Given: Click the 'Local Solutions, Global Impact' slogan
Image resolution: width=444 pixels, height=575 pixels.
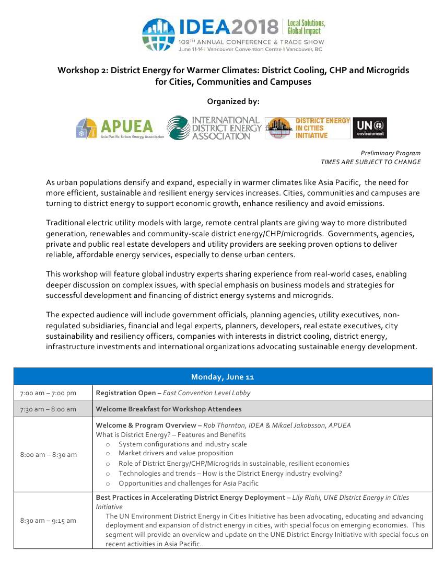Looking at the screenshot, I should pyautogui.click(x=306, y=27).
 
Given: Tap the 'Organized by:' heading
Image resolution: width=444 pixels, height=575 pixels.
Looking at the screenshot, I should pyautogui.click(x=233, y=101).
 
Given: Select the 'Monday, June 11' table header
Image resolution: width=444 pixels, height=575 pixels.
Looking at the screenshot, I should pyautogui.click(x=223, y=377).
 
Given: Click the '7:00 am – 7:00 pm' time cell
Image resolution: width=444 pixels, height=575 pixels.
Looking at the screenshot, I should pyautogui.click(x=48, y=393).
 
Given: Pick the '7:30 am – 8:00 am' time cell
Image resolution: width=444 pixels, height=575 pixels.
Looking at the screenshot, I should pyautogui.click(x=48, y=409).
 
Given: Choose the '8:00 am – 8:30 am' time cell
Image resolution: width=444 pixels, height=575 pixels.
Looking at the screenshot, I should pyautogui.click(x=48, y=454).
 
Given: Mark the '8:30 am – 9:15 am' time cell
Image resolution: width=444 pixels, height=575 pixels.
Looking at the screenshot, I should pyautogui.click(x=48, y=520).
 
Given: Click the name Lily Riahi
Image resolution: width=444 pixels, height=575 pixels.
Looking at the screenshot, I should pyautogui.click(x=309, y=497).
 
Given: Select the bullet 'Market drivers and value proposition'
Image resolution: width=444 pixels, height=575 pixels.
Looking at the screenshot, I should pyautogui.click(x=176, y=453).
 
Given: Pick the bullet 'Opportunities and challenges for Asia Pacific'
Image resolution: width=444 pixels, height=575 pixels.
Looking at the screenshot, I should pyautogui.click(x=188, y=483).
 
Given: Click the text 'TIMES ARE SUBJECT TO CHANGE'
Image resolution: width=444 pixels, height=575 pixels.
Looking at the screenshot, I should pyautogui.click(x=370, y=162).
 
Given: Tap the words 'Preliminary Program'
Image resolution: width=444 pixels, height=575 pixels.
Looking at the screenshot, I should pyautogui.click(x=390, y=153).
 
